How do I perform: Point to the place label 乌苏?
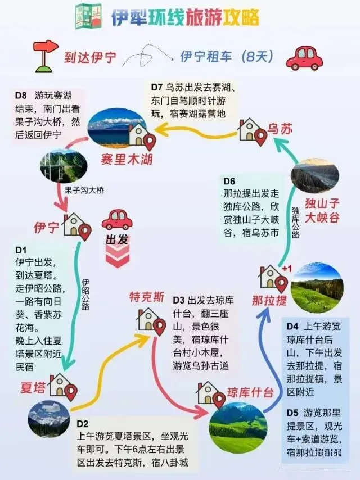280,129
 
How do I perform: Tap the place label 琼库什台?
250,392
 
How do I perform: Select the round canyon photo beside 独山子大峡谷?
315,175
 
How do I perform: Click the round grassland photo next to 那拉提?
317,288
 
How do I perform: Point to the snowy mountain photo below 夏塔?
49,418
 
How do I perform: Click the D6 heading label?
229,181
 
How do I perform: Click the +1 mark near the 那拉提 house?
287,268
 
